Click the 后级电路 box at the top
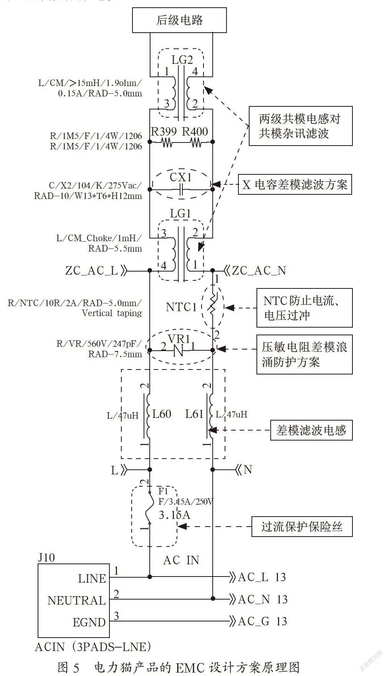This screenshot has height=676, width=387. [x=179, y=20]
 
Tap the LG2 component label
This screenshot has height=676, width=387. [x=182, y=60]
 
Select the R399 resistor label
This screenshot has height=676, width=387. [x=164, y=132]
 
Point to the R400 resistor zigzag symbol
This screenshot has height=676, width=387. [x=196, y=143]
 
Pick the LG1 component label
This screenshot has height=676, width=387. [x=180, y=214]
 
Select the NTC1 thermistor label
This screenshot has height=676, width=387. [x=181, y=307]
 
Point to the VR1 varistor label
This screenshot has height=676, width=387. [x=179, y=339]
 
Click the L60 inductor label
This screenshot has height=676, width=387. [x=162, y=414]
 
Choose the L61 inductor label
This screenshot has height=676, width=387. [x=194, y=414]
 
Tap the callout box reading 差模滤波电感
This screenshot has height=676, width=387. [x=311, y=430]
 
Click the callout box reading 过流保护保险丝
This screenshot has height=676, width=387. [x=302, y=527]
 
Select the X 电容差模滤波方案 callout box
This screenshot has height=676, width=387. [x=295, y=185]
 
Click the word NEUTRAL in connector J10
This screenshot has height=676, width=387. [x=76, y=600]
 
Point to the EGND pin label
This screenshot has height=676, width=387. [x=89, y=622]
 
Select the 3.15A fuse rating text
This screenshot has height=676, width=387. [x=175, y=515]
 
